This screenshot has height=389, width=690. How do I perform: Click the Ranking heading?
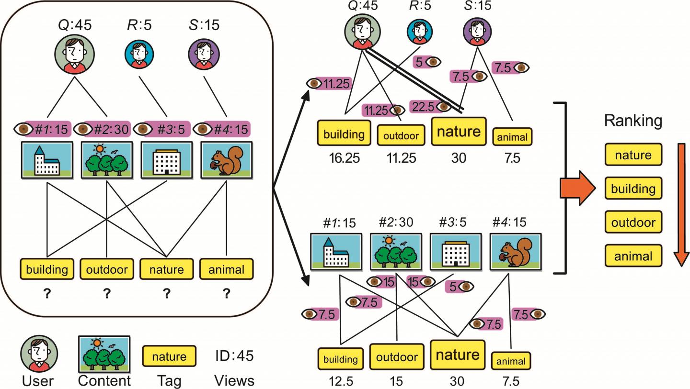[633, 122]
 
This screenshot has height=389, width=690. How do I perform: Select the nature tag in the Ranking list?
[633, 155]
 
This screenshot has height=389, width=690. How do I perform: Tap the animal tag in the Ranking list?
[633, 256]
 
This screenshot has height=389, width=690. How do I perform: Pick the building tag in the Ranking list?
[633, 189]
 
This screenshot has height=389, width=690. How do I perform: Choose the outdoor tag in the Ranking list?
[633, 222]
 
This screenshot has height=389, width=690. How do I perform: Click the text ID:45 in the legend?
[234, 356]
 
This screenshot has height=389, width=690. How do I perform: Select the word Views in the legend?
[234, 380]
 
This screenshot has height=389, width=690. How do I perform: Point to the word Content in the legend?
[104, 380]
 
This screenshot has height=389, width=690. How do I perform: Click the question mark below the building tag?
[47, 294]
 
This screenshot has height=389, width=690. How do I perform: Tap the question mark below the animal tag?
[226, 294]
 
